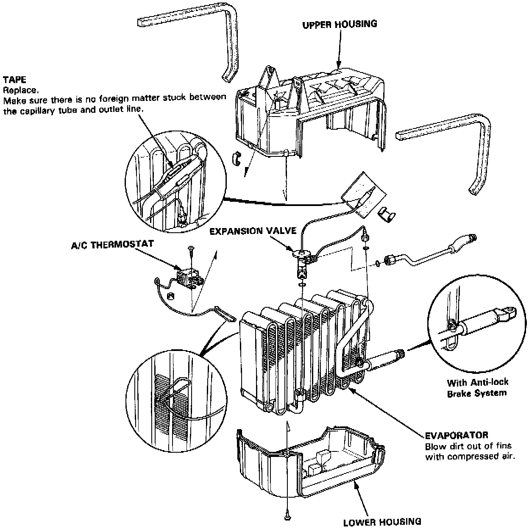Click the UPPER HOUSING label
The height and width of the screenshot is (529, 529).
click(340, 24)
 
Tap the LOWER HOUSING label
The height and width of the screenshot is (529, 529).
click(382, 521)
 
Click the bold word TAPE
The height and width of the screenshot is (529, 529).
click(14, 80)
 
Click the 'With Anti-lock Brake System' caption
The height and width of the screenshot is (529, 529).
click(477, 387)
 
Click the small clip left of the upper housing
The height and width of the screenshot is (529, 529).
click(236, 158)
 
